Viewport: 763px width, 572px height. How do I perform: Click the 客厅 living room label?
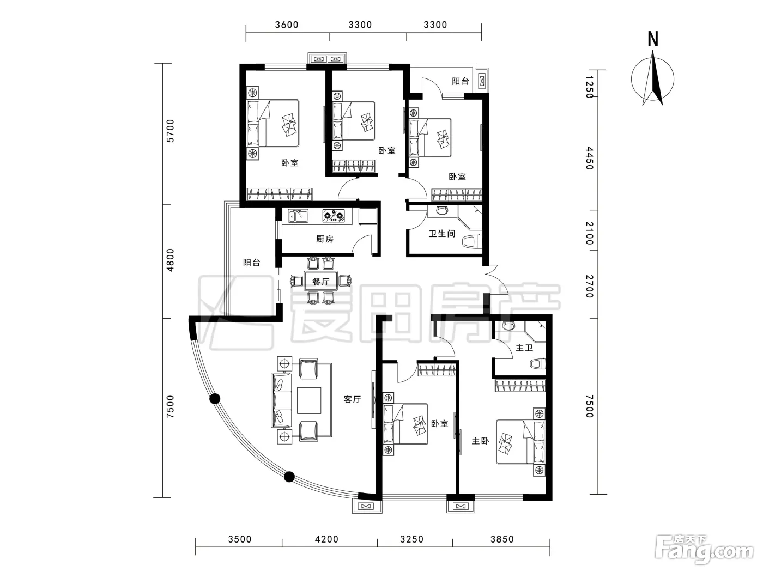click(x=352, y=399)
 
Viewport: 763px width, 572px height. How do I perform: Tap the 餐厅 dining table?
click(x=321, y=281)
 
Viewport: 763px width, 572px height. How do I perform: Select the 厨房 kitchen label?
click(x=325, y=239)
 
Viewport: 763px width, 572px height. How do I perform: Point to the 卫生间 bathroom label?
click(x=442, y=233)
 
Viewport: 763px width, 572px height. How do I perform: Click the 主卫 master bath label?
click(x=524, y=348)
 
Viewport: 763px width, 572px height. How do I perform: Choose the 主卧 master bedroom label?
click(x=480, y=441)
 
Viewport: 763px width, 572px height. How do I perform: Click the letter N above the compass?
click(x=653, y=39)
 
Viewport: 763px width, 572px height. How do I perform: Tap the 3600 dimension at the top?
click(x=287, y=25)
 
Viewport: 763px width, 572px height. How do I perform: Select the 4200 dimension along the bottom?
click(x=326, y=539)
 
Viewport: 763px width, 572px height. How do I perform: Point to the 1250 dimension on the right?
click(x=590, y=87)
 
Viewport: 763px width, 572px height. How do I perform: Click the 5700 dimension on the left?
click(x=170, y=131)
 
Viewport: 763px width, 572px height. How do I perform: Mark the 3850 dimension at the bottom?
click(x=502, y=539)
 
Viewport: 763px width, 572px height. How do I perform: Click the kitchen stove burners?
click(x=334, y=215)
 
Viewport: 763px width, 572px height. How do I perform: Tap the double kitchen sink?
click(x=298, y=216)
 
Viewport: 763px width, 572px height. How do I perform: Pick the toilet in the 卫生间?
click(x=472, y=241)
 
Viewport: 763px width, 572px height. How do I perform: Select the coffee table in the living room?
click(x=308, y=400)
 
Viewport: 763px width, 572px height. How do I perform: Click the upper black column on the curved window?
click(x=215, y=399)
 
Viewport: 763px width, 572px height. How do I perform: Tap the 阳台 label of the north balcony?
click(x=460, y=81)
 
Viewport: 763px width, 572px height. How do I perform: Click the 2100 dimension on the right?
click(x=590, y=233)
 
